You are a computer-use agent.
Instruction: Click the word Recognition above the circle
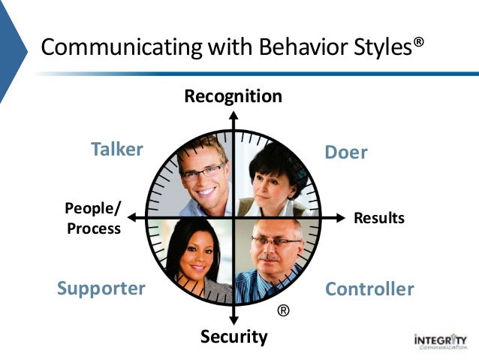point(233,96)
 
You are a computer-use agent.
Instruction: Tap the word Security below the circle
point(233,337)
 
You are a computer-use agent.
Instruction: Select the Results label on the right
point(379,218)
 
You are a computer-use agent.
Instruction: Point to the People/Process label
point(93,218)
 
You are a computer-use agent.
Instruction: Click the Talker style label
point(116,149)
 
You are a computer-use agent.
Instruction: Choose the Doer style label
point(346,153)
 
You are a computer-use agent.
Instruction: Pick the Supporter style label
point(101,289)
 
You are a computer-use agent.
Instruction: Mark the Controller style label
point(369,289)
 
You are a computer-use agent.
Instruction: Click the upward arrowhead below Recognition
point(233,116)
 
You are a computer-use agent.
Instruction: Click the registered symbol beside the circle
point(283,310)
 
